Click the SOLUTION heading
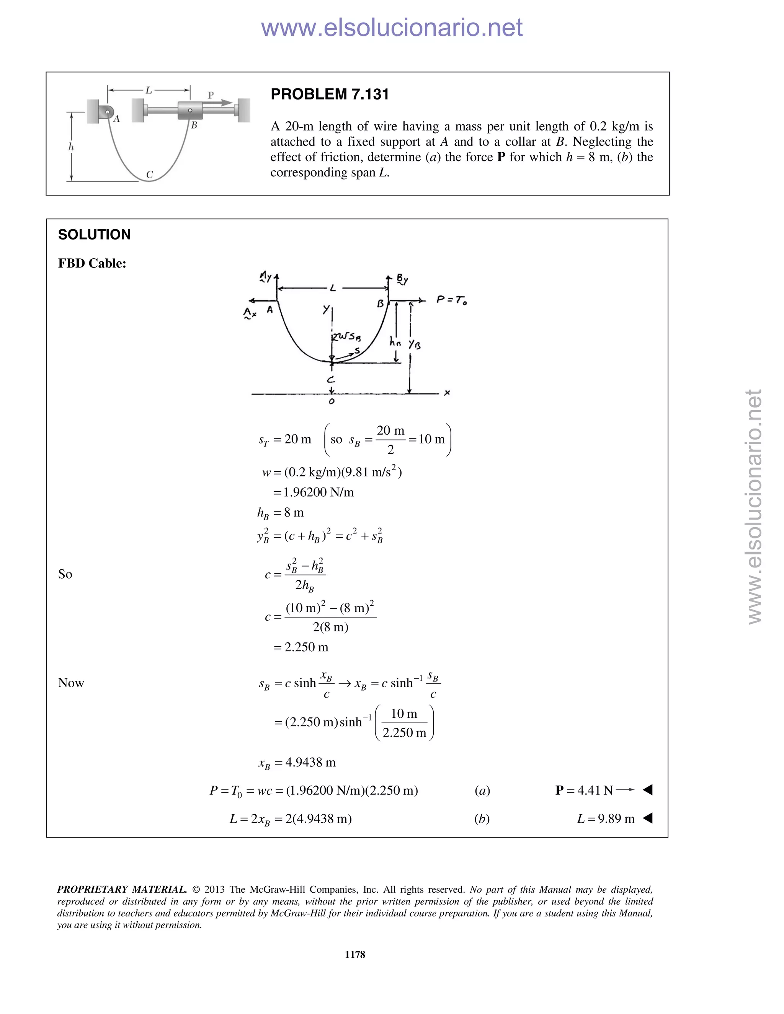pyautogui.click(x=94, y=235)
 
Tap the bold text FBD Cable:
pyautogui.click(x=92, y=263)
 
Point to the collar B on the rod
pyautogui.click(x=190, y=111)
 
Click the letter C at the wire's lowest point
pyautogui.click(x=150, y=174)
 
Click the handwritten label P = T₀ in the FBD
pyautogui.click(x=451, y=300)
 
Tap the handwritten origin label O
pyautogui.click(x=331, y=401)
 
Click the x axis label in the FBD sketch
pyautogui.click(x=447, y=393)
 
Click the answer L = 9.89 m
pyautogui.click(x=605, y=818)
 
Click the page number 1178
pyautogui.click(x=355, y=955)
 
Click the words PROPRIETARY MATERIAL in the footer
pyautogui.click(x=122, y=890)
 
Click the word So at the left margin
pyautogui.click(x=65, y=574)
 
